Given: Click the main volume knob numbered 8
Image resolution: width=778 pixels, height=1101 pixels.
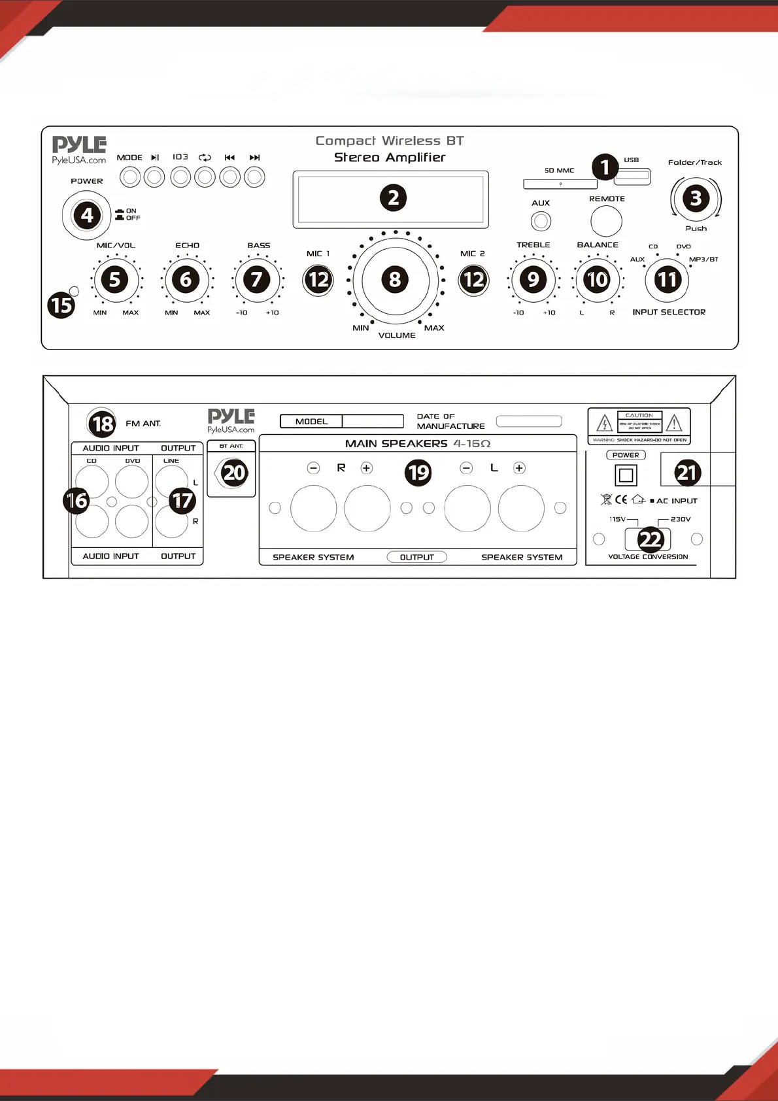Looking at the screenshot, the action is point(395,280).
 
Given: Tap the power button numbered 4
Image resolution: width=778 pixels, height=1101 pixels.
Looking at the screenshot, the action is point(87,215).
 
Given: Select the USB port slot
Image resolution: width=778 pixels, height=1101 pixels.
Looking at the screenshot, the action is point(633,175).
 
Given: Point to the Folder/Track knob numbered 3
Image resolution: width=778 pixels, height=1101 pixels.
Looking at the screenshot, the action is point(696,198).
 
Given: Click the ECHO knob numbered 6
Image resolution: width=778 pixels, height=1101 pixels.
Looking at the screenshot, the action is point(186,280).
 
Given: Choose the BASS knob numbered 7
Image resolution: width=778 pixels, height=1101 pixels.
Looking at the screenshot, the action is point(257,280).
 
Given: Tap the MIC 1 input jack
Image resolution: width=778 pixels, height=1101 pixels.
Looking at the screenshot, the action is point(318,280).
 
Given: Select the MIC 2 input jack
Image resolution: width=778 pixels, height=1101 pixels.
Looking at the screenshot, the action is point(473,280).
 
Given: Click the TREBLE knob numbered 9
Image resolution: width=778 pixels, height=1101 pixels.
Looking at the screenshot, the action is point(533,280).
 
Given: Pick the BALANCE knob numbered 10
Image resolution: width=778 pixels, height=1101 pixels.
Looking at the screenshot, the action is point(597,280).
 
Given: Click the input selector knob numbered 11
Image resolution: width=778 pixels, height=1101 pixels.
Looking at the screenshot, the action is point(667,280).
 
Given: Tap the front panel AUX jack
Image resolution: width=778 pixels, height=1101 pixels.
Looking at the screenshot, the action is point(541,221).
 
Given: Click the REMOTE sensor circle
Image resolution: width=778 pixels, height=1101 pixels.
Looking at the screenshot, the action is point(606,221).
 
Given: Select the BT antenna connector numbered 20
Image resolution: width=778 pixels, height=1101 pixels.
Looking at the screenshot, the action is point(233,473).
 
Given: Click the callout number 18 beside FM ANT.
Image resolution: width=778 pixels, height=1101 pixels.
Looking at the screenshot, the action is point(102,424).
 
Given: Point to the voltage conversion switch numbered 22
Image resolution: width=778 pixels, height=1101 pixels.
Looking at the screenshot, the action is point(650,539).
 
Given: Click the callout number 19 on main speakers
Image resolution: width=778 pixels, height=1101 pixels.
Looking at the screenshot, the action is point(418,472).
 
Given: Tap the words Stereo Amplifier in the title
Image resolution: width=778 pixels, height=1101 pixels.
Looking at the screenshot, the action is point(390,158).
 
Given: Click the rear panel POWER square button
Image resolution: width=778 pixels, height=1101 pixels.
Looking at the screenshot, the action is point(626,475).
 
